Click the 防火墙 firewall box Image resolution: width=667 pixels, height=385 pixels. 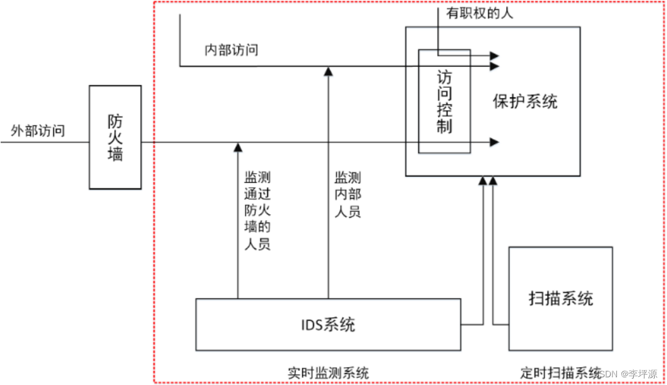[x=115, y=137]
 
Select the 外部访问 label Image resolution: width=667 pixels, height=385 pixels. [x=38, y=131]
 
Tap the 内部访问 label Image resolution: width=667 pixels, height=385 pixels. [x=231, y=50]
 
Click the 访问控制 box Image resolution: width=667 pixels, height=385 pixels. [x=444, y=101]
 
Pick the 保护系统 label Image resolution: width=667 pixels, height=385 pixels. [x=525, y=101]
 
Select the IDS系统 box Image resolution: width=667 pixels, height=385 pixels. [x=328, y=325]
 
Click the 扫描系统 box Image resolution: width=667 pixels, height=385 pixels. [x=561, y=298]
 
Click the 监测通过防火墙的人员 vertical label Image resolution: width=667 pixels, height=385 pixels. [x=257, y=209]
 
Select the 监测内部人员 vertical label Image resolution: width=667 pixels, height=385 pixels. [x=348, y=193]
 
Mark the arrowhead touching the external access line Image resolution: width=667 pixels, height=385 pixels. [x=238, y=147]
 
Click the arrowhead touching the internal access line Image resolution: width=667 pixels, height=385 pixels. [x=328, y=70]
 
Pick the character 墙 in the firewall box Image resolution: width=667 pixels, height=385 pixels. [x=115, y=154]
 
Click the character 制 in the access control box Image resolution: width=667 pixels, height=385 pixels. [x=444, y=126]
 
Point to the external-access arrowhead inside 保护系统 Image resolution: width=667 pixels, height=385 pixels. [x=494, y=142]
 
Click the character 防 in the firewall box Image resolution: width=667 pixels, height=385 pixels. [x=115, y=120]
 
